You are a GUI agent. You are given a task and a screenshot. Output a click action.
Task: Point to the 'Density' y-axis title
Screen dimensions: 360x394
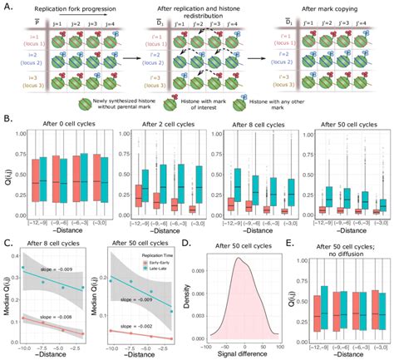coord(206,294)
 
